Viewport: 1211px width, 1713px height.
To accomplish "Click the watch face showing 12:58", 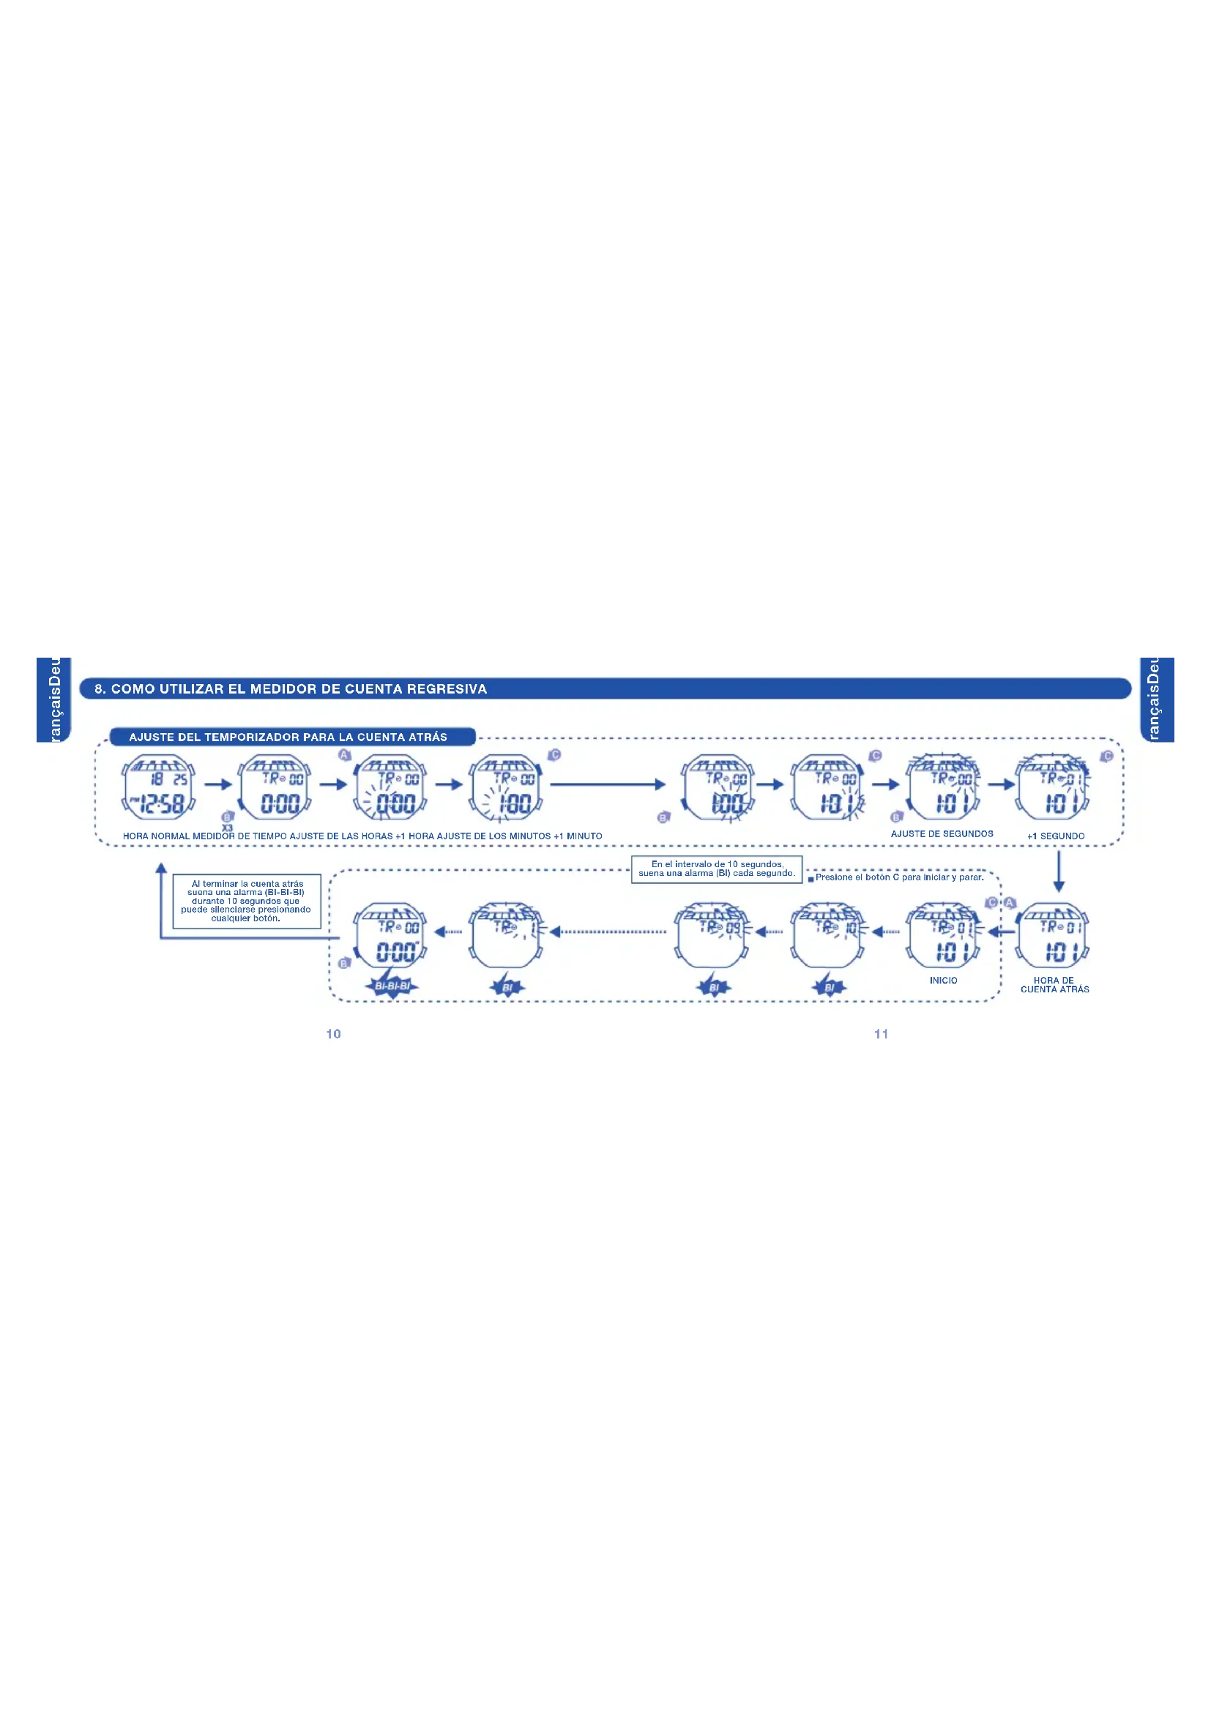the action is (x=158, y=788).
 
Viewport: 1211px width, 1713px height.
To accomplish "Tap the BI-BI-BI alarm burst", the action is (x=392, y=986).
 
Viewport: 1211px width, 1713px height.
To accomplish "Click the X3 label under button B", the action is (x=228, y=828).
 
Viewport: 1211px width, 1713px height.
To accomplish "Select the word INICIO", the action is (x=943, y=981).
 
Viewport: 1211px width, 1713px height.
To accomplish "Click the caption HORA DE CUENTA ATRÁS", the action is (x=1054, y=985).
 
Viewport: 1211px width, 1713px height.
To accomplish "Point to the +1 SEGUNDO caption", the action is (x=1055, y=836).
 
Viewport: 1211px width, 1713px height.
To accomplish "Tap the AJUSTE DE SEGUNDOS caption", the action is (x=942, y=834).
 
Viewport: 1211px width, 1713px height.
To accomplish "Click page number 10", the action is (x=333, y=1033).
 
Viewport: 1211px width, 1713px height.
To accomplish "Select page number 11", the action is (x=882, y=1033).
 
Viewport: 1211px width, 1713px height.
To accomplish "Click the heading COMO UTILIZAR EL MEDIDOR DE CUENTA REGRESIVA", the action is (x=291, y=688).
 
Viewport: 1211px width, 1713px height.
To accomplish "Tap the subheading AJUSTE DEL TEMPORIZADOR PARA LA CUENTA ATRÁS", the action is (x=288, y=737).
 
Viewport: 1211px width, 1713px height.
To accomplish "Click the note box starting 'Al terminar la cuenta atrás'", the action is (x=246, y=902).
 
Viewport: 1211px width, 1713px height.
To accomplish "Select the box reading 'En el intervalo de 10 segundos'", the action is (x=717, y=869).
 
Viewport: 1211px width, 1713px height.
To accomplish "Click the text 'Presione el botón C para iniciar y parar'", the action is (x=899, y=877).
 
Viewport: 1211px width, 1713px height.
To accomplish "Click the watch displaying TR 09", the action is (x=712, y=934).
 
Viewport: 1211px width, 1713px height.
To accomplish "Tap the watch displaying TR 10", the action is (x=829, y=934).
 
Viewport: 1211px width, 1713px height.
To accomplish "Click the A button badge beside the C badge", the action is (x=1010, y=903).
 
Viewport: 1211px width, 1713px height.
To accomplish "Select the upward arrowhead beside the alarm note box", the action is (x=161, y=868).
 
